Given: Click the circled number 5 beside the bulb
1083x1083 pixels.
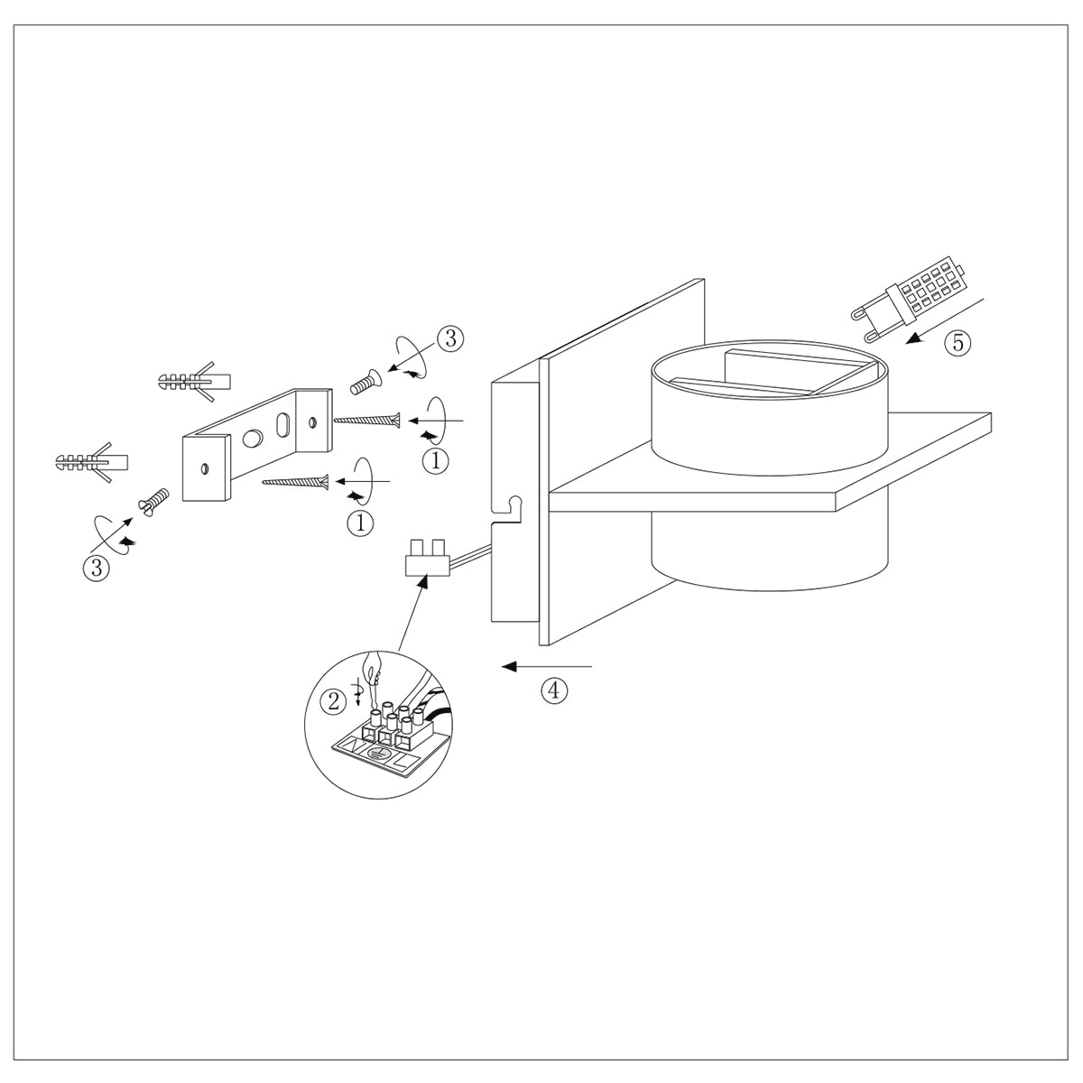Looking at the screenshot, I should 958,343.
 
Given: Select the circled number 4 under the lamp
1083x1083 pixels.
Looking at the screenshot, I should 554,690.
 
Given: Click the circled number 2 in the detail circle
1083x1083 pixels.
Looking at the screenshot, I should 334,699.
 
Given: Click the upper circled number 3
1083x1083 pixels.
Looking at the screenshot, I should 449,338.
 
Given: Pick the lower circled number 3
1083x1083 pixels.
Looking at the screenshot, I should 96,568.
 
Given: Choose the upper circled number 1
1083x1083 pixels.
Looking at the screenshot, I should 436,459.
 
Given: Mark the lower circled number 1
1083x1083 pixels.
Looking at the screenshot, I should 360,522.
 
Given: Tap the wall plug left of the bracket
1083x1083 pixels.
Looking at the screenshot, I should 90,462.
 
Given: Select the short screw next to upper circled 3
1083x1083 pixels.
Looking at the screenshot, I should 365,383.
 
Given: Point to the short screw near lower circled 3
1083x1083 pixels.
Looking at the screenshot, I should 153,498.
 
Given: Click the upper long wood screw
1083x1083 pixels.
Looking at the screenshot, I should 366,420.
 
